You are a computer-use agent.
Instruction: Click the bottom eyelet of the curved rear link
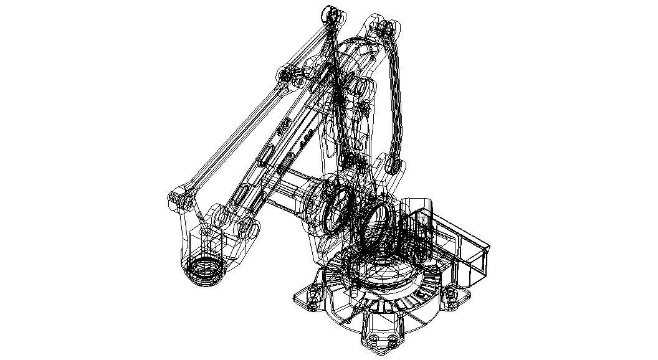click(x=393, y=166)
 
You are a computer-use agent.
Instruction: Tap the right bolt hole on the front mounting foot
click(x=393, y=340)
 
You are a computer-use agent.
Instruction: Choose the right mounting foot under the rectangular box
click(x=456, y=298)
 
